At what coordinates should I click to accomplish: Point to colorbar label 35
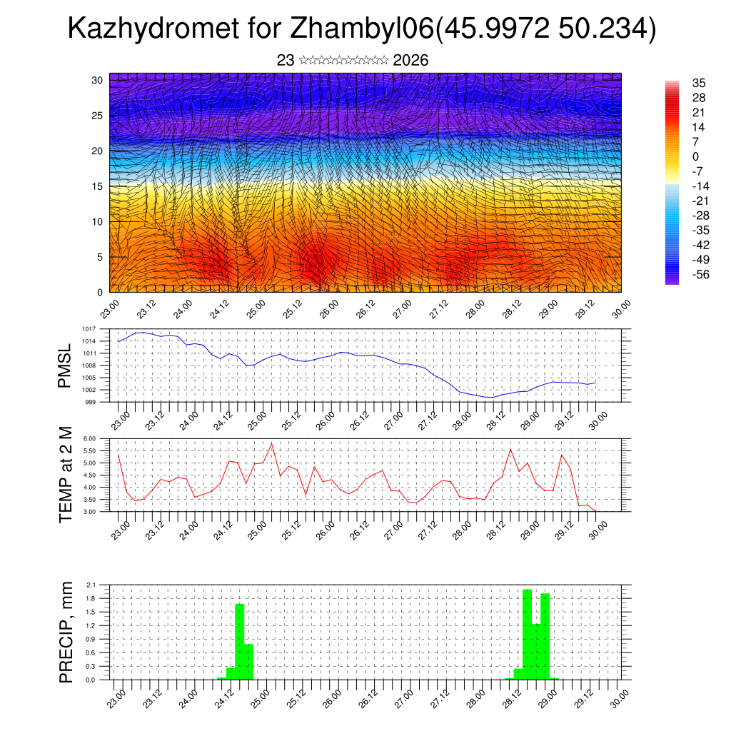(699, 83)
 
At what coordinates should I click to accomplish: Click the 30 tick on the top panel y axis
(98, 80)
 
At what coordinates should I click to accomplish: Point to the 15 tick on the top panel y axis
(98, 186)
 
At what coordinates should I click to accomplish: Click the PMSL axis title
(65, 365)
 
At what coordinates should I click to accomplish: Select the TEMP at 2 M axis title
(66, 474)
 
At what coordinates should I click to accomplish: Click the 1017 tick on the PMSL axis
(89, 329)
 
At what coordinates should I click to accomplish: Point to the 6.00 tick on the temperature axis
(89, 438)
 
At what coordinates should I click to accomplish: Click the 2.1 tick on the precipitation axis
(91, 585)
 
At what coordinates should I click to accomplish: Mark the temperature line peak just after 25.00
(271, 443)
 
